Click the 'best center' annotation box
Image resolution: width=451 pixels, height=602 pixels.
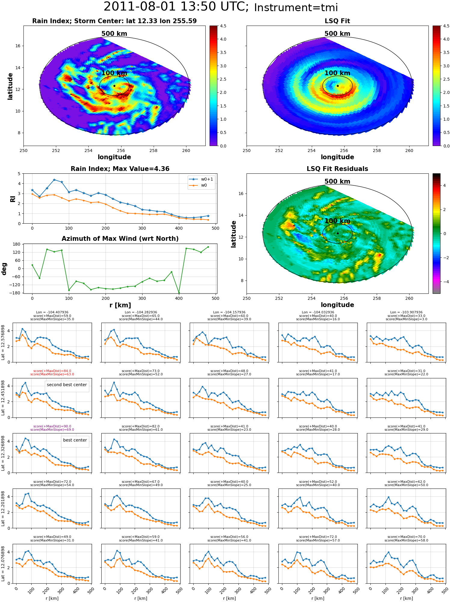75,440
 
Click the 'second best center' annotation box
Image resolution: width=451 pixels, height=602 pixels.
67,385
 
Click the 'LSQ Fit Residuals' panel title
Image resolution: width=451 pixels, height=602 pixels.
337,169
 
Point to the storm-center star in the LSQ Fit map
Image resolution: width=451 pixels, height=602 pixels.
338,86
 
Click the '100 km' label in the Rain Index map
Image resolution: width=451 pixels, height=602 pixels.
114,73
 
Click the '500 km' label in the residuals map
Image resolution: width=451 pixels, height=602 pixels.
337,181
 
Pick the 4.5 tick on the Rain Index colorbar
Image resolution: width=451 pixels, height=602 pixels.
223,26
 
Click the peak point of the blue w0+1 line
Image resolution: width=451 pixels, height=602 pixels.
54,180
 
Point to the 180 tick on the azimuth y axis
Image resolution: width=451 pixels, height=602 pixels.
17,244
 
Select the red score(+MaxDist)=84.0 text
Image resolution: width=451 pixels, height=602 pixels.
52,371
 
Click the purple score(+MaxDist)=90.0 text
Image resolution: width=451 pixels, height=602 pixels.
52,426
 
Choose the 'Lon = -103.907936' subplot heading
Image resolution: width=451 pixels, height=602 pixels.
407,312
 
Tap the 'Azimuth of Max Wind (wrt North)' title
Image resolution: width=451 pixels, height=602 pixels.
120,239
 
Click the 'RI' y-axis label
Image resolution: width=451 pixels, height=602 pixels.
13,199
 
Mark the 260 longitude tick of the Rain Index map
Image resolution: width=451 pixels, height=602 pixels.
186,150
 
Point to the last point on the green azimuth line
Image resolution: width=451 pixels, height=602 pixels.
208,247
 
